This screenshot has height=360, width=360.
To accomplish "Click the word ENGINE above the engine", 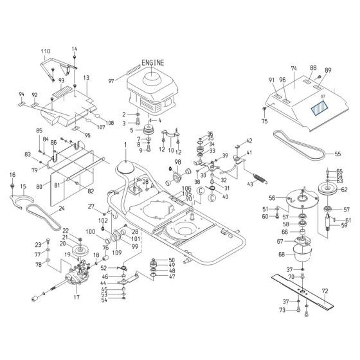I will (x=151, y=62).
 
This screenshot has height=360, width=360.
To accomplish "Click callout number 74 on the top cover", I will (x=294, y=68).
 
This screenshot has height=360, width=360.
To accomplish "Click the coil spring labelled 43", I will (x=256, y=177).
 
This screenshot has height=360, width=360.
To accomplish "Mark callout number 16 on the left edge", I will (x=12, y=175).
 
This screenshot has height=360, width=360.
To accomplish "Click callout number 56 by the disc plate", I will (x=272, y=199).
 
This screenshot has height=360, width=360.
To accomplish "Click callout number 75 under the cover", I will (x=264, y=121).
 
